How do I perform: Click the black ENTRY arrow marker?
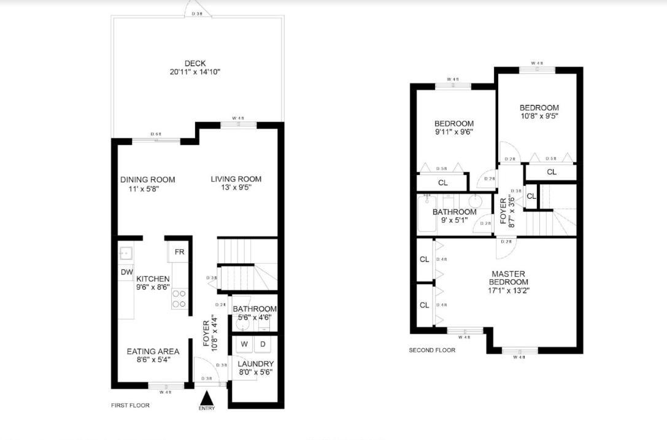207,397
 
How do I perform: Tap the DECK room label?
195,63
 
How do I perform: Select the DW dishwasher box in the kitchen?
126,272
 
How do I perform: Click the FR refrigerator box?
179,252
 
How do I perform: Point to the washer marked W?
244,344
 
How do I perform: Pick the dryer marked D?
263,344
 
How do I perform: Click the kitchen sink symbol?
126,252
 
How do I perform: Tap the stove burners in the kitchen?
179,299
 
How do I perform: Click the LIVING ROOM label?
236,179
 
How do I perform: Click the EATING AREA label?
153,352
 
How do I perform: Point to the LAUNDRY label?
255,364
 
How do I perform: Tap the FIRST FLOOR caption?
130,406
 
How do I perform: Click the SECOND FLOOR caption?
432,350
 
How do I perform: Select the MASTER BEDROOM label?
509,277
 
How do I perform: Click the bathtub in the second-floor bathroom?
427,213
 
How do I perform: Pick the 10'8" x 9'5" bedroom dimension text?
539,115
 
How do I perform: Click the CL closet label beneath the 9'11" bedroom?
442,183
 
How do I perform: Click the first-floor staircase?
242,264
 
